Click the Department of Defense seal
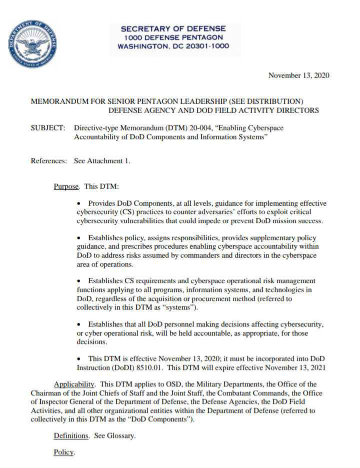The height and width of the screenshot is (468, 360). [x=33, y=44]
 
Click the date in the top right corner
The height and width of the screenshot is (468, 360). [x=298, y=75]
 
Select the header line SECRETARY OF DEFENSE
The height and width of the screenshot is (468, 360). [x=173, y=28]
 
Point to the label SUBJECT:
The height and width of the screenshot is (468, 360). [x=48, y=128]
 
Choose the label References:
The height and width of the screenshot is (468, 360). [x=48, y=161]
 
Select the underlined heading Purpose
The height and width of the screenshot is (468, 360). [x=66, y=186]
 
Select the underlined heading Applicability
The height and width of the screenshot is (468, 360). [x=74, y=385]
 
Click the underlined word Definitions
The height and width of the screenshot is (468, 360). [x=71, y=436]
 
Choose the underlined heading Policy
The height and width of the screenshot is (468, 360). [x=63, y=453]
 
